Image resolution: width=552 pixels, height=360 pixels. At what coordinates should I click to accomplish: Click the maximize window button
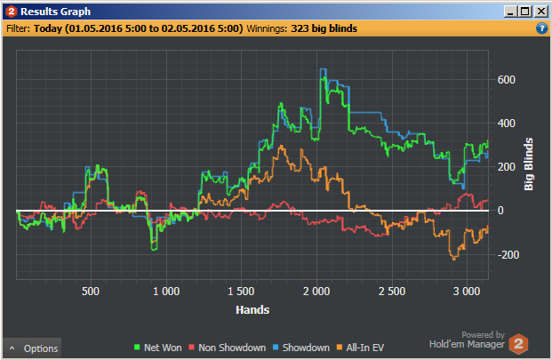click(x=526, y=12)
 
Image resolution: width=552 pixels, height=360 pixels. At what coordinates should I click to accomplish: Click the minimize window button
click(x=511, y=12)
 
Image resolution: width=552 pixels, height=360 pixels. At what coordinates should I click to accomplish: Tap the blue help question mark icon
click(x=541, y=28)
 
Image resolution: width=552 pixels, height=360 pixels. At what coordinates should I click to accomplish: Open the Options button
click(x=34, y=348)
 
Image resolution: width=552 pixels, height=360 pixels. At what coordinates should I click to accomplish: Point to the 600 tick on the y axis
click(x=507, y=79)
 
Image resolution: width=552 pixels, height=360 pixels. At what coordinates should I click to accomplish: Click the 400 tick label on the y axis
click(x=507, y=123)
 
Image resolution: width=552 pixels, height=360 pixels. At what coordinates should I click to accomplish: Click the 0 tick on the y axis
click(x=500, y=211)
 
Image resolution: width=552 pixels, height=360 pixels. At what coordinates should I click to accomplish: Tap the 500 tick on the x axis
click(x=90, y=292)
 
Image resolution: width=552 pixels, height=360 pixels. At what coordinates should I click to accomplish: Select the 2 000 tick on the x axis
click(x=316, y=292)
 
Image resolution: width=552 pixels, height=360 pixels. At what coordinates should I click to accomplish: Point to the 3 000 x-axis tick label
click(x=468, y=292)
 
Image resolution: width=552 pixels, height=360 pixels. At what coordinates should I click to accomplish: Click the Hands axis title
click(x=253, y=310)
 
